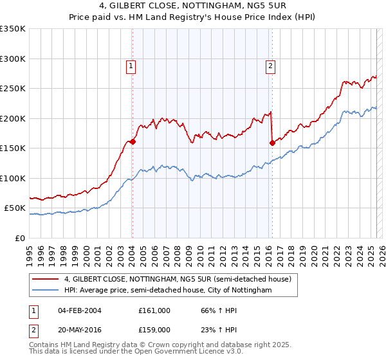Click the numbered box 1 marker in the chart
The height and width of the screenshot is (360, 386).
(x=131, y=65)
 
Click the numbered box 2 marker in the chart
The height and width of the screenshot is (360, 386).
(x=270, y=65)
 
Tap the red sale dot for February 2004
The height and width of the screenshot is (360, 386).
(x=133, y=142)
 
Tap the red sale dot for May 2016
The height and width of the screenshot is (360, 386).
(x=272, y=143)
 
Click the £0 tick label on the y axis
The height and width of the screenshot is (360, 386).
(x=19, y=238)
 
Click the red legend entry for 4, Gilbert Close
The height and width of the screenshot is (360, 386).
(x=178, y=279)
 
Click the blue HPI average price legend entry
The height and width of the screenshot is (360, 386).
(x=168, y=291)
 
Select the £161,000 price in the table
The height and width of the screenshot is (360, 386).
(x=154, y=310)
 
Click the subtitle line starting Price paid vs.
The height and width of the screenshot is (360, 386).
(x=193, y=17)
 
